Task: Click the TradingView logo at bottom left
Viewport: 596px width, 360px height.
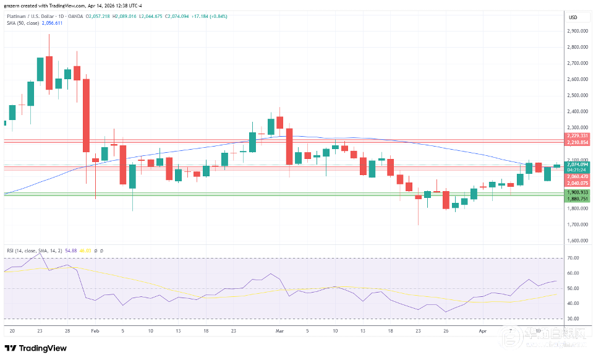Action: [x=36, y=348]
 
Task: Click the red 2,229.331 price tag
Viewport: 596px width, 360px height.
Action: [x=577, y=135]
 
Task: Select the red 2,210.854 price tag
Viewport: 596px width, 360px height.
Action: [x=577, y=143]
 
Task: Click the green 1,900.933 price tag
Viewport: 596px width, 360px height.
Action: [x=577, y=192]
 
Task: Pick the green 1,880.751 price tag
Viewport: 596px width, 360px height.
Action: [x=577, y=199]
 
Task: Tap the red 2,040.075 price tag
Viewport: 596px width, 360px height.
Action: [x=577, y=183]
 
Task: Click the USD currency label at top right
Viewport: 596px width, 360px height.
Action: [x=573, y=17]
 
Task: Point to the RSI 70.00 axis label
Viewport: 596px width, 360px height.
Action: [x=573, y=258]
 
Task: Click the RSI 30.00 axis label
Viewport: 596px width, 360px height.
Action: [x=573, y=319]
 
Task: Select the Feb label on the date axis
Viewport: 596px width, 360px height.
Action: [x=95, y=331]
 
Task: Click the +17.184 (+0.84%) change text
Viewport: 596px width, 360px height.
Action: [x=210, y=16]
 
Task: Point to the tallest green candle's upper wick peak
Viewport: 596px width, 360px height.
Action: [x=49, y=35]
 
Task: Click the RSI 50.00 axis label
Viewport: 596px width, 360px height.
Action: [x=573, y=288]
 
